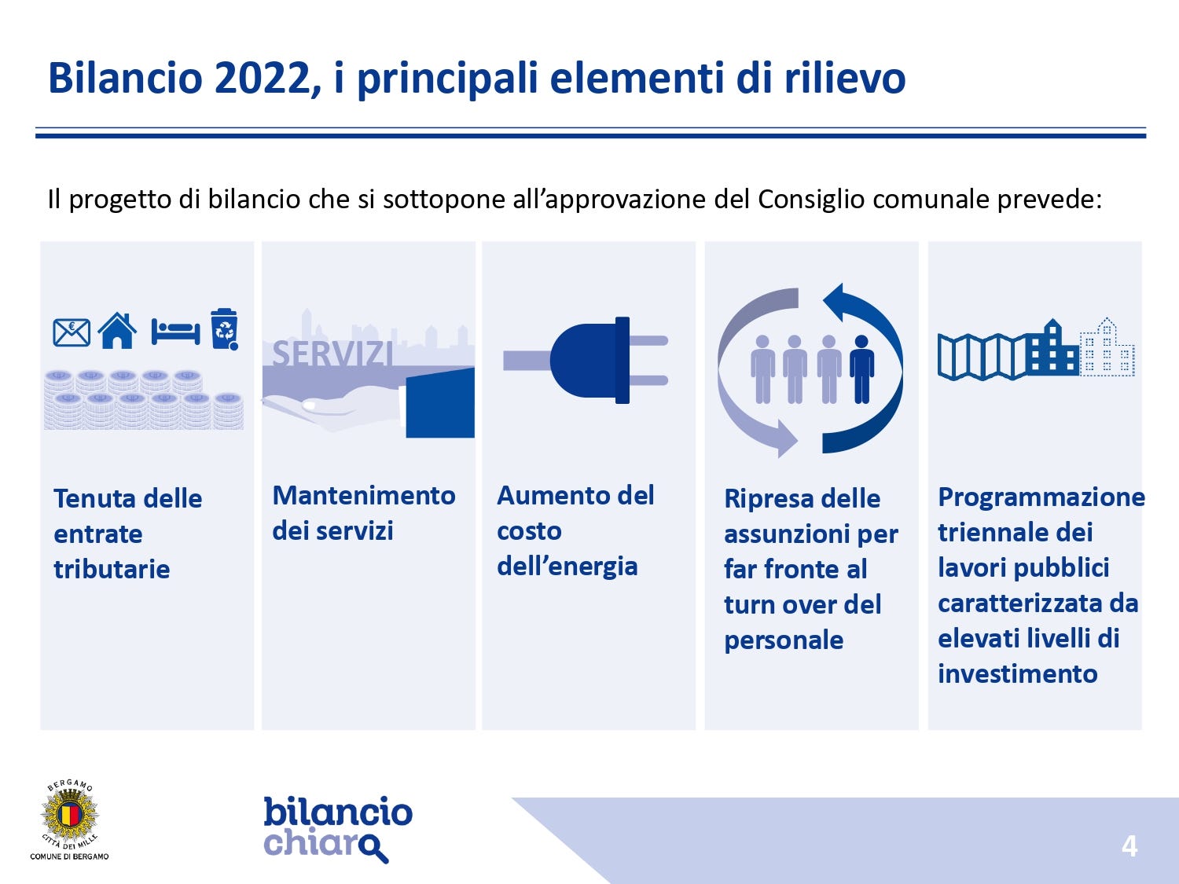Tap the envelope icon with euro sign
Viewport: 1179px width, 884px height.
pyautogui.click(x=72, y=332)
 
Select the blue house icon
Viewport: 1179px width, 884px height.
pyautogui.click(x=117, y=331)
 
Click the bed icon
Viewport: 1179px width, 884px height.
pyautogui.click(x=175, y=331)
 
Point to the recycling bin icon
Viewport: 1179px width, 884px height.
pyautogui.click(x=225, y=329)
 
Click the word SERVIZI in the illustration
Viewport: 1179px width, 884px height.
pyautogui.click(x=333, y=354)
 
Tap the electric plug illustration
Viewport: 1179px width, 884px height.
pyautogui.click(x=586, y=360)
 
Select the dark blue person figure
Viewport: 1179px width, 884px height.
pyautogui.click(x=861, y=369)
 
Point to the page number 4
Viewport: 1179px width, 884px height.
pyautogui.click(x=1129, y=846)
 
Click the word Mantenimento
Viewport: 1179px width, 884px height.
pyautogui.click(x=364, y=495)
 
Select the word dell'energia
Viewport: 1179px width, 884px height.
pyautogui.click(x=567, y=566)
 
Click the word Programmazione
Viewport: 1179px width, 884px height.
pyautogui.click(x=1041, y=497)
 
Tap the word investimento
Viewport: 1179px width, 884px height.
pyautogui.click(x=1017, y=673)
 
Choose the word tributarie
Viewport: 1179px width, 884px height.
pyautogui.click(x=112, y=569)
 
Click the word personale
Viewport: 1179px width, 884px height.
pyautogui.click(x=784, y=640)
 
